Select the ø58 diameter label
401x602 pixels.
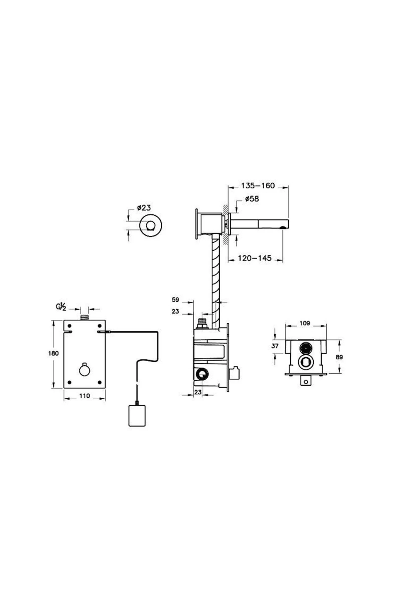pos(252,199)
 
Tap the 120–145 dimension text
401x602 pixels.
pos(255,258)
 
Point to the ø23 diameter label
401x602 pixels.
pos(144,208)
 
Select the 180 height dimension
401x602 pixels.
pos(53,353)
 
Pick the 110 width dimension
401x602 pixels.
pos(85,396)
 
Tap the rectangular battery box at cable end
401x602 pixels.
pos(137,415)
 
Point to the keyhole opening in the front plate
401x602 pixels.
pos(84,369)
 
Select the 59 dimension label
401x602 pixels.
pos(175,300)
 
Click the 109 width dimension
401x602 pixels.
pos(305,323)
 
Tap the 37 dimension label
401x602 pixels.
pos(275,346)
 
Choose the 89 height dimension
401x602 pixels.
pos(339,357)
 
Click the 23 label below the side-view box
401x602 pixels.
pos(198,392)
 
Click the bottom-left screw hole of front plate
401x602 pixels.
pos(70,382)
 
